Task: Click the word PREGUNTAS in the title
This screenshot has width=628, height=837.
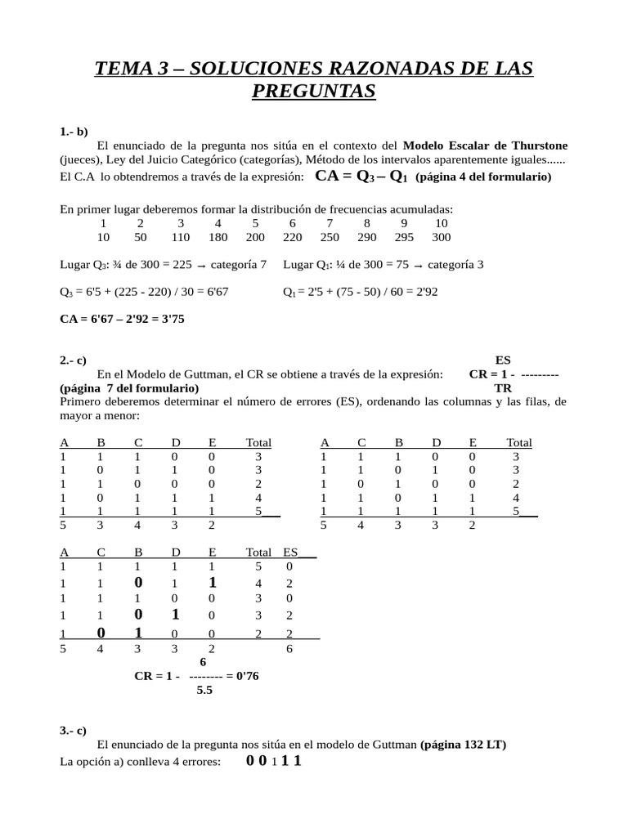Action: coord(314,91)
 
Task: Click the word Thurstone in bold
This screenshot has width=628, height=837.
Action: coord(536,145)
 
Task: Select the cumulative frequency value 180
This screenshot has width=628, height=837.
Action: coord(218,237)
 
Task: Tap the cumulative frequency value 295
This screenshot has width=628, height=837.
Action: coord(404,237)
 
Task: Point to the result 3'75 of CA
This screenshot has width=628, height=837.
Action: coord(172,319)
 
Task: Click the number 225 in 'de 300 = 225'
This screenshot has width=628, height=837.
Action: coord(182,265)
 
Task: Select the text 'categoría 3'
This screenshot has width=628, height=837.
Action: coord(455,265)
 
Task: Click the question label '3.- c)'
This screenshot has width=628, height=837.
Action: coord(73,731)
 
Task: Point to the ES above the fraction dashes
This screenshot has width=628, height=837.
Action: coord(503,360)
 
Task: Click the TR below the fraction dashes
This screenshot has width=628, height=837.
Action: coord(503,388)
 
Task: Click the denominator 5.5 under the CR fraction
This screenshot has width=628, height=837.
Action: coord(204,691)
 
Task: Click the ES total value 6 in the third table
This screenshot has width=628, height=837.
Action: coord(289,649)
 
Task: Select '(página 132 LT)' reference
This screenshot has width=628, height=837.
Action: coord(463,745)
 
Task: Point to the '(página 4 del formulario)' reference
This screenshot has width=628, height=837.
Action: coord(483,177)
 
